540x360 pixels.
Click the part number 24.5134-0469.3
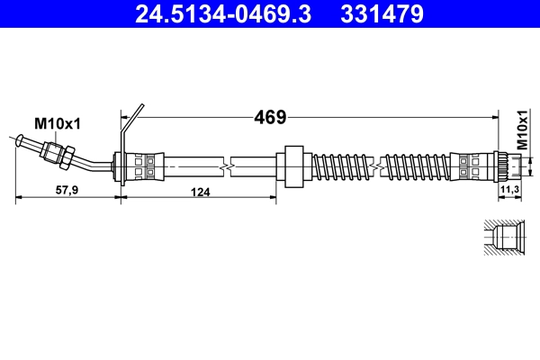pyautogui.click(x=224, y=14)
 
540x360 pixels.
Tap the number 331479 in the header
pyautogui.click(x=377, y=14)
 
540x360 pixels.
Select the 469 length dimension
pyautogui.click(x=270, y=117)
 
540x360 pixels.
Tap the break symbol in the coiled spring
pyautogui.click(x=382, y=166)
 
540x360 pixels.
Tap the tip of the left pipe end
pyautogui.click(x=20, y=139)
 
